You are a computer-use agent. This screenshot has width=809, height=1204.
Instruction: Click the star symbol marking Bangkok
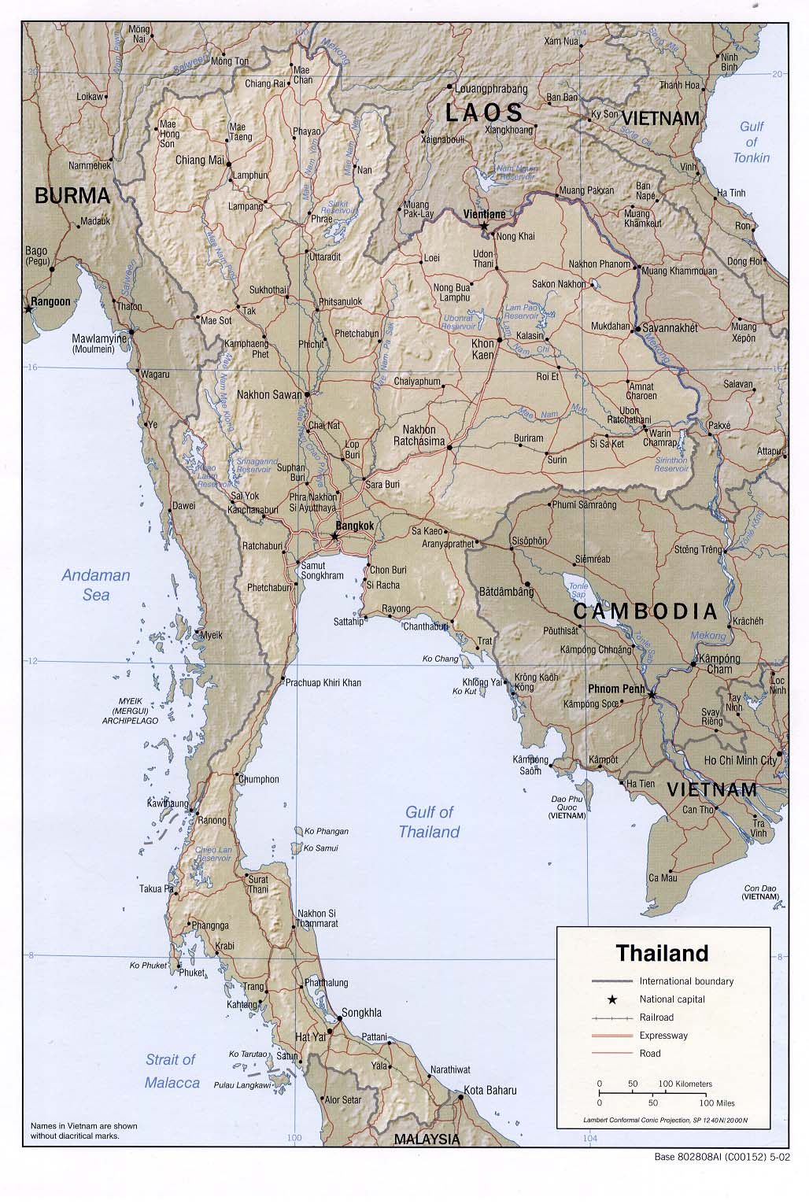[x=334, y=536]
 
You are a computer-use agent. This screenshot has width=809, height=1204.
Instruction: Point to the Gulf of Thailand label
[x=429, y=822]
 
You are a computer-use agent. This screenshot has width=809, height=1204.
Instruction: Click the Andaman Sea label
[x=96, y=585]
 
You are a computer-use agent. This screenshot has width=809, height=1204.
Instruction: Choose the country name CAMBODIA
[x=645, y=611]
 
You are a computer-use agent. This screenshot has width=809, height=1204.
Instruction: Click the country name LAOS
[x=484, y=113]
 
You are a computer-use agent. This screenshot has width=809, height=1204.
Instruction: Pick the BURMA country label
[x=72, y=196]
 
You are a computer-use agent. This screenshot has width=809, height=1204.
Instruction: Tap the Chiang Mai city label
[x=200, y=161]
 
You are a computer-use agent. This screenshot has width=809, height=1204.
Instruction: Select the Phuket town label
[x=191, y=973]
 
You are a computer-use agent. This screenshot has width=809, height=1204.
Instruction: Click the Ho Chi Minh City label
[x=741, y=760]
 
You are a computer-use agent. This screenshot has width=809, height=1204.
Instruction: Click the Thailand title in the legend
[x=662, y=954]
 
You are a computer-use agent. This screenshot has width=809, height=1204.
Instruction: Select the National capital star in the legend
[x=611, y=999]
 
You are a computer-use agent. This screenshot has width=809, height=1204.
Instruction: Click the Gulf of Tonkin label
[x=752, y=142]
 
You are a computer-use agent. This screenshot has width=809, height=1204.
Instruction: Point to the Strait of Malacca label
[x=172, y=1071]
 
